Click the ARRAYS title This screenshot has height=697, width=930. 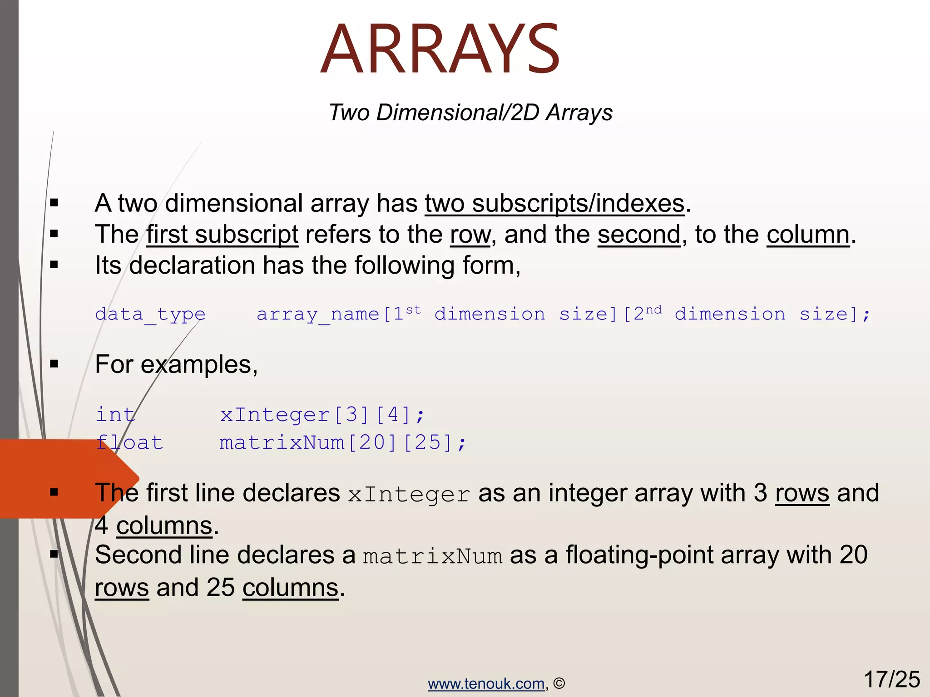(x=440, y=49)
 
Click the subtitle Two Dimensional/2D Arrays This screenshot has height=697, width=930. (x=470, y=113)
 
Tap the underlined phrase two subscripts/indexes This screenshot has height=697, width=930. (x=554, y=203)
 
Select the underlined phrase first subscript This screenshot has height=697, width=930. (x=222, y=235)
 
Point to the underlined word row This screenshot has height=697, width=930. (x=470, y=235)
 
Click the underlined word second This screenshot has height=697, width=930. (x=639, y=235)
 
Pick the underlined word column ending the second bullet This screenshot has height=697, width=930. (x=808, y=235)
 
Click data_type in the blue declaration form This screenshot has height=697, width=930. (x=150, y=314)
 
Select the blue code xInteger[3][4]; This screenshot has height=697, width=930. (x=322, y=415)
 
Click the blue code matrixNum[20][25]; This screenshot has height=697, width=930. (x=343, y=442)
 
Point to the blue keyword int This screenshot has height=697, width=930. (x=115, y=415)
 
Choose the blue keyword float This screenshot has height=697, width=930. (x=129, y=442)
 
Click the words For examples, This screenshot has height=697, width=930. (x=176, y=364)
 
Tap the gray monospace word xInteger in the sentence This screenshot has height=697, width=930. (x=409, y=495)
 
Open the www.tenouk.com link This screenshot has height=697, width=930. (x=486, y=683)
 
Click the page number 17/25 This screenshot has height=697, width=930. (x=891, y=680)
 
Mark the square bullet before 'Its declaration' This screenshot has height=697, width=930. (x=54, y=265)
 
